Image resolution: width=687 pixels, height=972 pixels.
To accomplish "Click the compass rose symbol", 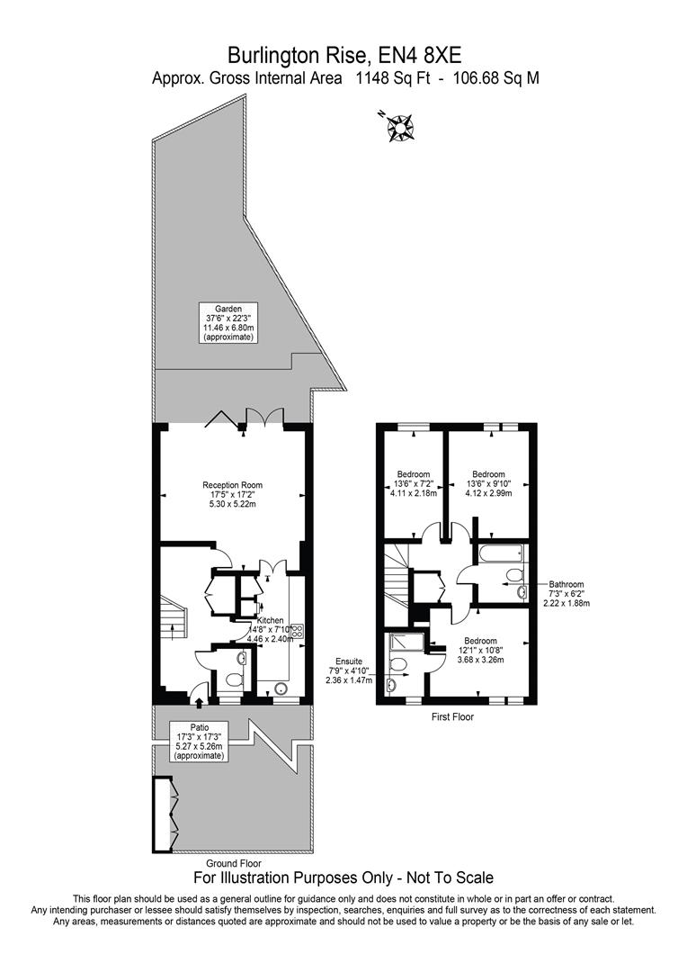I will [398, 127].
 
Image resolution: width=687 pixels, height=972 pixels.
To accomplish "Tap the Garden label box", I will [228, 322].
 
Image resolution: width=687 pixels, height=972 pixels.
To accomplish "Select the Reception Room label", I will [232, 494].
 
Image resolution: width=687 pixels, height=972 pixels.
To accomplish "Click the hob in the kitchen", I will [295, 632].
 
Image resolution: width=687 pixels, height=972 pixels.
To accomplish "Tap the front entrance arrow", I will [199, 694].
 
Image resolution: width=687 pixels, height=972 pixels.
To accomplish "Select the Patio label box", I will [200, 741].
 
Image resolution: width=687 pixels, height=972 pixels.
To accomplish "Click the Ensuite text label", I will [348, 669].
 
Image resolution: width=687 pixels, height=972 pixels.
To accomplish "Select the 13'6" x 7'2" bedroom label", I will [413, 484].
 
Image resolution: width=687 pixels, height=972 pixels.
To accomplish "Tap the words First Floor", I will [451, 717].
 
